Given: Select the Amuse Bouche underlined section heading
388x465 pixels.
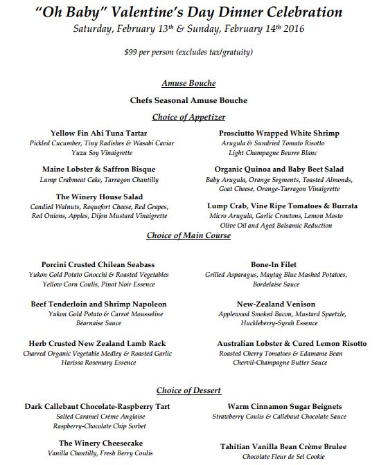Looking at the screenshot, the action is coord(188,83).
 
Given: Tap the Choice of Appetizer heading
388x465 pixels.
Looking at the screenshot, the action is coord(188,117).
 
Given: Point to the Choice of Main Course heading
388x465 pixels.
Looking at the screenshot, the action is coord(188,235).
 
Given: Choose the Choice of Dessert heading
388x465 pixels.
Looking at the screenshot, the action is coord(188,390).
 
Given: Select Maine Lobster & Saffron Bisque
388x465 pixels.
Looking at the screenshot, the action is coord(98,169).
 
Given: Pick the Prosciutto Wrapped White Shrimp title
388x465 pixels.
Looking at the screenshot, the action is coord(279,133).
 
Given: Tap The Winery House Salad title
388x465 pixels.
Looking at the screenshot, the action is coord(99,197).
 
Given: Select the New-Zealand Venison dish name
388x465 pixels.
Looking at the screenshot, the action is coord(276,304).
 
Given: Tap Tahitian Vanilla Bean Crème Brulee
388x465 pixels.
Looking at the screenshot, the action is coord(283,446).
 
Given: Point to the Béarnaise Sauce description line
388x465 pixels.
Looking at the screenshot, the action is coord(97,323).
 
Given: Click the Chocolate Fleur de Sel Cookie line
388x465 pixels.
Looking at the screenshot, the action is coord(283,457).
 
